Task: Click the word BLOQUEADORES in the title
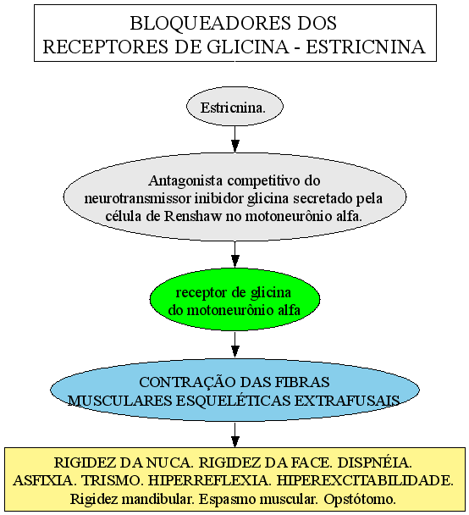coord(211,24)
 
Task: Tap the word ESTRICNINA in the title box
coord(366,47)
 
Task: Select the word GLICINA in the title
coord(248,47)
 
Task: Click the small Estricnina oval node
coord(234,107)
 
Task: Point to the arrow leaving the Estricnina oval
coord(234,139)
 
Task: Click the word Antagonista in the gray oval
coord(185,180)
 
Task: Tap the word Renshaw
coord(193,216)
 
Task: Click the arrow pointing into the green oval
coord(234,254)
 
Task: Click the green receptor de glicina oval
coord(234,299)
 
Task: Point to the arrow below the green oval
coord(234,344)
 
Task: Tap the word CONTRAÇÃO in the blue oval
coord(187,382)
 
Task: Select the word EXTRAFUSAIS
coord(347,401)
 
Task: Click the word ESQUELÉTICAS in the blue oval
coord(231,400)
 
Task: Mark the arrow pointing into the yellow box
coord(234,435)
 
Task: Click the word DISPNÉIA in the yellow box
coord(374,462)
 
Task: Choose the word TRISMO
coord(112,480)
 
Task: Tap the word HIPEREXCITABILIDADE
coord(365,480)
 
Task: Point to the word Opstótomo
coord(360,499)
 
